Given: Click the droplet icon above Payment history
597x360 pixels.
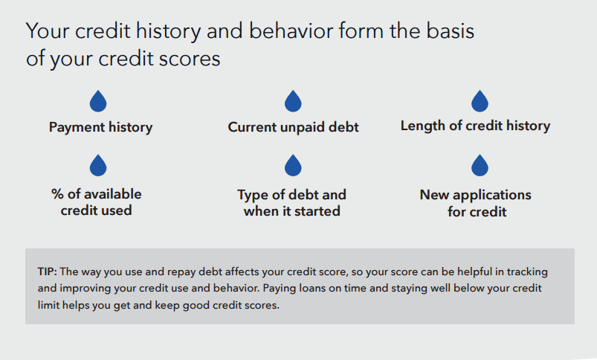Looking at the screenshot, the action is [98, 101].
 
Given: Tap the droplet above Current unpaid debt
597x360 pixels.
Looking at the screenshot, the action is [293, 101].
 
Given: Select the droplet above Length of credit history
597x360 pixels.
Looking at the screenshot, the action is [480, 101].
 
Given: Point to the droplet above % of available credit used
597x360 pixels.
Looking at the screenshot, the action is [98, 165].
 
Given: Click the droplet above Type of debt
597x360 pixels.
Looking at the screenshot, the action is [293, 165].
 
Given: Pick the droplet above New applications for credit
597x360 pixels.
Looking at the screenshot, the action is [480, 165].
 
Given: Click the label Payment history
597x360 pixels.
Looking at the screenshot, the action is [100, 127].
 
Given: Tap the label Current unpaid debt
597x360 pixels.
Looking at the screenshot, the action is [293, 127].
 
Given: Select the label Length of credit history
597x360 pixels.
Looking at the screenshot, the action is [475, 126].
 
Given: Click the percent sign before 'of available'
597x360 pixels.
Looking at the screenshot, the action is [57, 194].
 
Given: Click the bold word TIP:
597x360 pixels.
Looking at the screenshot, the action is [48, 271].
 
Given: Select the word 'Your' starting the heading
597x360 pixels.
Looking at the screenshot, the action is [48, 30].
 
